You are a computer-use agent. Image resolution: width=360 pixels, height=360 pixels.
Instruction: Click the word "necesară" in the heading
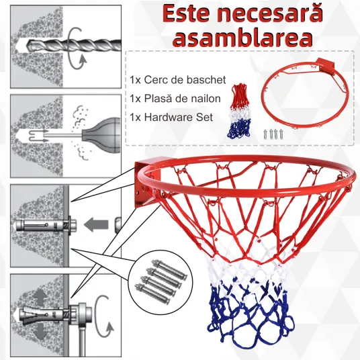[270, 13]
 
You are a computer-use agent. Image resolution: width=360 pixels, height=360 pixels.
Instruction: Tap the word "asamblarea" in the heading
[242, 38]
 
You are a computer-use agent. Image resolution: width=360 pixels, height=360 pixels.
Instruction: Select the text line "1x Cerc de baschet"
[178, 80]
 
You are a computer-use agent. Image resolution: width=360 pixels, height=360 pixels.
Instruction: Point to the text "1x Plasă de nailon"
[175, 99]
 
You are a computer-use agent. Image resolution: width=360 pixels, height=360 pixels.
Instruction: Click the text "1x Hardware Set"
[171, 117]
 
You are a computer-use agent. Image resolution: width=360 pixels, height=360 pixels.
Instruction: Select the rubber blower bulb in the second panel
[101, 136]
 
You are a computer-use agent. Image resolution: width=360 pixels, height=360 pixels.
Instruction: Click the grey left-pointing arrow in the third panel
[96, 224]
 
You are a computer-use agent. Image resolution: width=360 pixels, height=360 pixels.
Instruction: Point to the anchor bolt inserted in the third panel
[46, 225]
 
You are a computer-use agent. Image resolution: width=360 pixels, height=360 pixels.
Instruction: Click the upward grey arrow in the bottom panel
[40, 297]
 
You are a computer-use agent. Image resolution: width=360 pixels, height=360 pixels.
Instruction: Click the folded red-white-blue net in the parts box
[240, 111]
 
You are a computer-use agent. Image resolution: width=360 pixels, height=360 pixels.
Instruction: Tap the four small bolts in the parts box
[273, 134]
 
